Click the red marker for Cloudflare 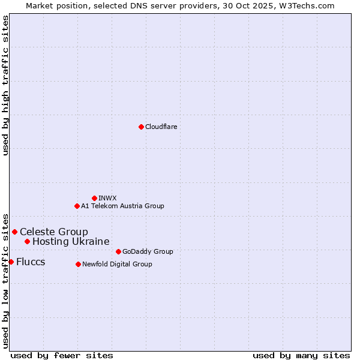(141, 127)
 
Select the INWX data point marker (94, 198)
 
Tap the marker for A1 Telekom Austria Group (77, 206)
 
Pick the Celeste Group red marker (14, 232)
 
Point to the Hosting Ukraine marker (27, 241)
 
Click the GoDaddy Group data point (118, 251)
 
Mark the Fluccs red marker (11, 262)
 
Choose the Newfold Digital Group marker (78, 264)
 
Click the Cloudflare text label (161, 127)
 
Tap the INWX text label (107, 198)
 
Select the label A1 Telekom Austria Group (122, 206)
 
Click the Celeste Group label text (54, 232)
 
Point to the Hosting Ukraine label (71, 241)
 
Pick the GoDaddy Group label (148, 251)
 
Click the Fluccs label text (31, 262)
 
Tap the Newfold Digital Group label (117, 264)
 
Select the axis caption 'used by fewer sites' (62, 355)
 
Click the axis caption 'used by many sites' (301, 355)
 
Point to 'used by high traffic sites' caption (5, 85)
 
